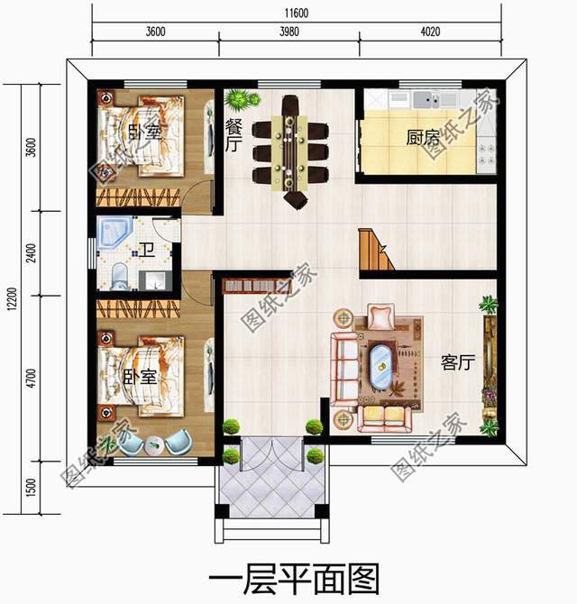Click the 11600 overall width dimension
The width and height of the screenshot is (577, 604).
click(297, 14)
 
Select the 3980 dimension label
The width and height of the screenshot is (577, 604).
click(288, 32)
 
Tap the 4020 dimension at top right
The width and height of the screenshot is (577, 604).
click(430, 32)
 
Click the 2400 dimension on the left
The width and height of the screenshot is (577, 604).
click(32, 253)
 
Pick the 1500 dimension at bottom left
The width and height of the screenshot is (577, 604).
click(32, 488)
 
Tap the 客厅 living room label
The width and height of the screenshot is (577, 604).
click(458, 362)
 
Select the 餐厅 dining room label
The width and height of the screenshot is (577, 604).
click(234, 135)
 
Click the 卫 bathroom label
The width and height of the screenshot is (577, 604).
click(147, 250)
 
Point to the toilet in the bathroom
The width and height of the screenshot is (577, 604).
click(119, 276)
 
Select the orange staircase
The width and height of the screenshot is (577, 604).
click(376, 249)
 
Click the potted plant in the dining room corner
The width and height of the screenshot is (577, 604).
click(242, 99)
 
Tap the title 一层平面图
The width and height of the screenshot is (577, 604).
click(294, 579)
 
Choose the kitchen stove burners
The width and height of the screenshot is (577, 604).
click(487, 154)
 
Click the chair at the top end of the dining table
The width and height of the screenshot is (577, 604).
click(290, 105)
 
